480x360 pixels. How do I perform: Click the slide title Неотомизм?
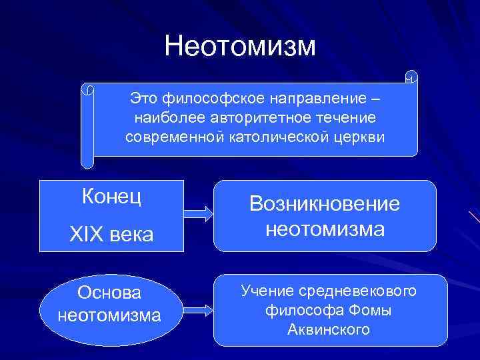click(x=239, y=46)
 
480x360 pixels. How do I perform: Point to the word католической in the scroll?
click(x=289, y=137)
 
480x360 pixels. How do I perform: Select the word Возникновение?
click(x=325, y=204)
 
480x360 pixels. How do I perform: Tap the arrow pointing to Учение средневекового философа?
click(x=198, y=311)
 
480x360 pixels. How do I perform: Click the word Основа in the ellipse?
click(x=109, y=292)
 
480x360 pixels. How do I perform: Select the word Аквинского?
click(x=329, y=329)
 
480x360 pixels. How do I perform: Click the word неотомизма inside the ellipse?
click(x=109, y=314)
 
